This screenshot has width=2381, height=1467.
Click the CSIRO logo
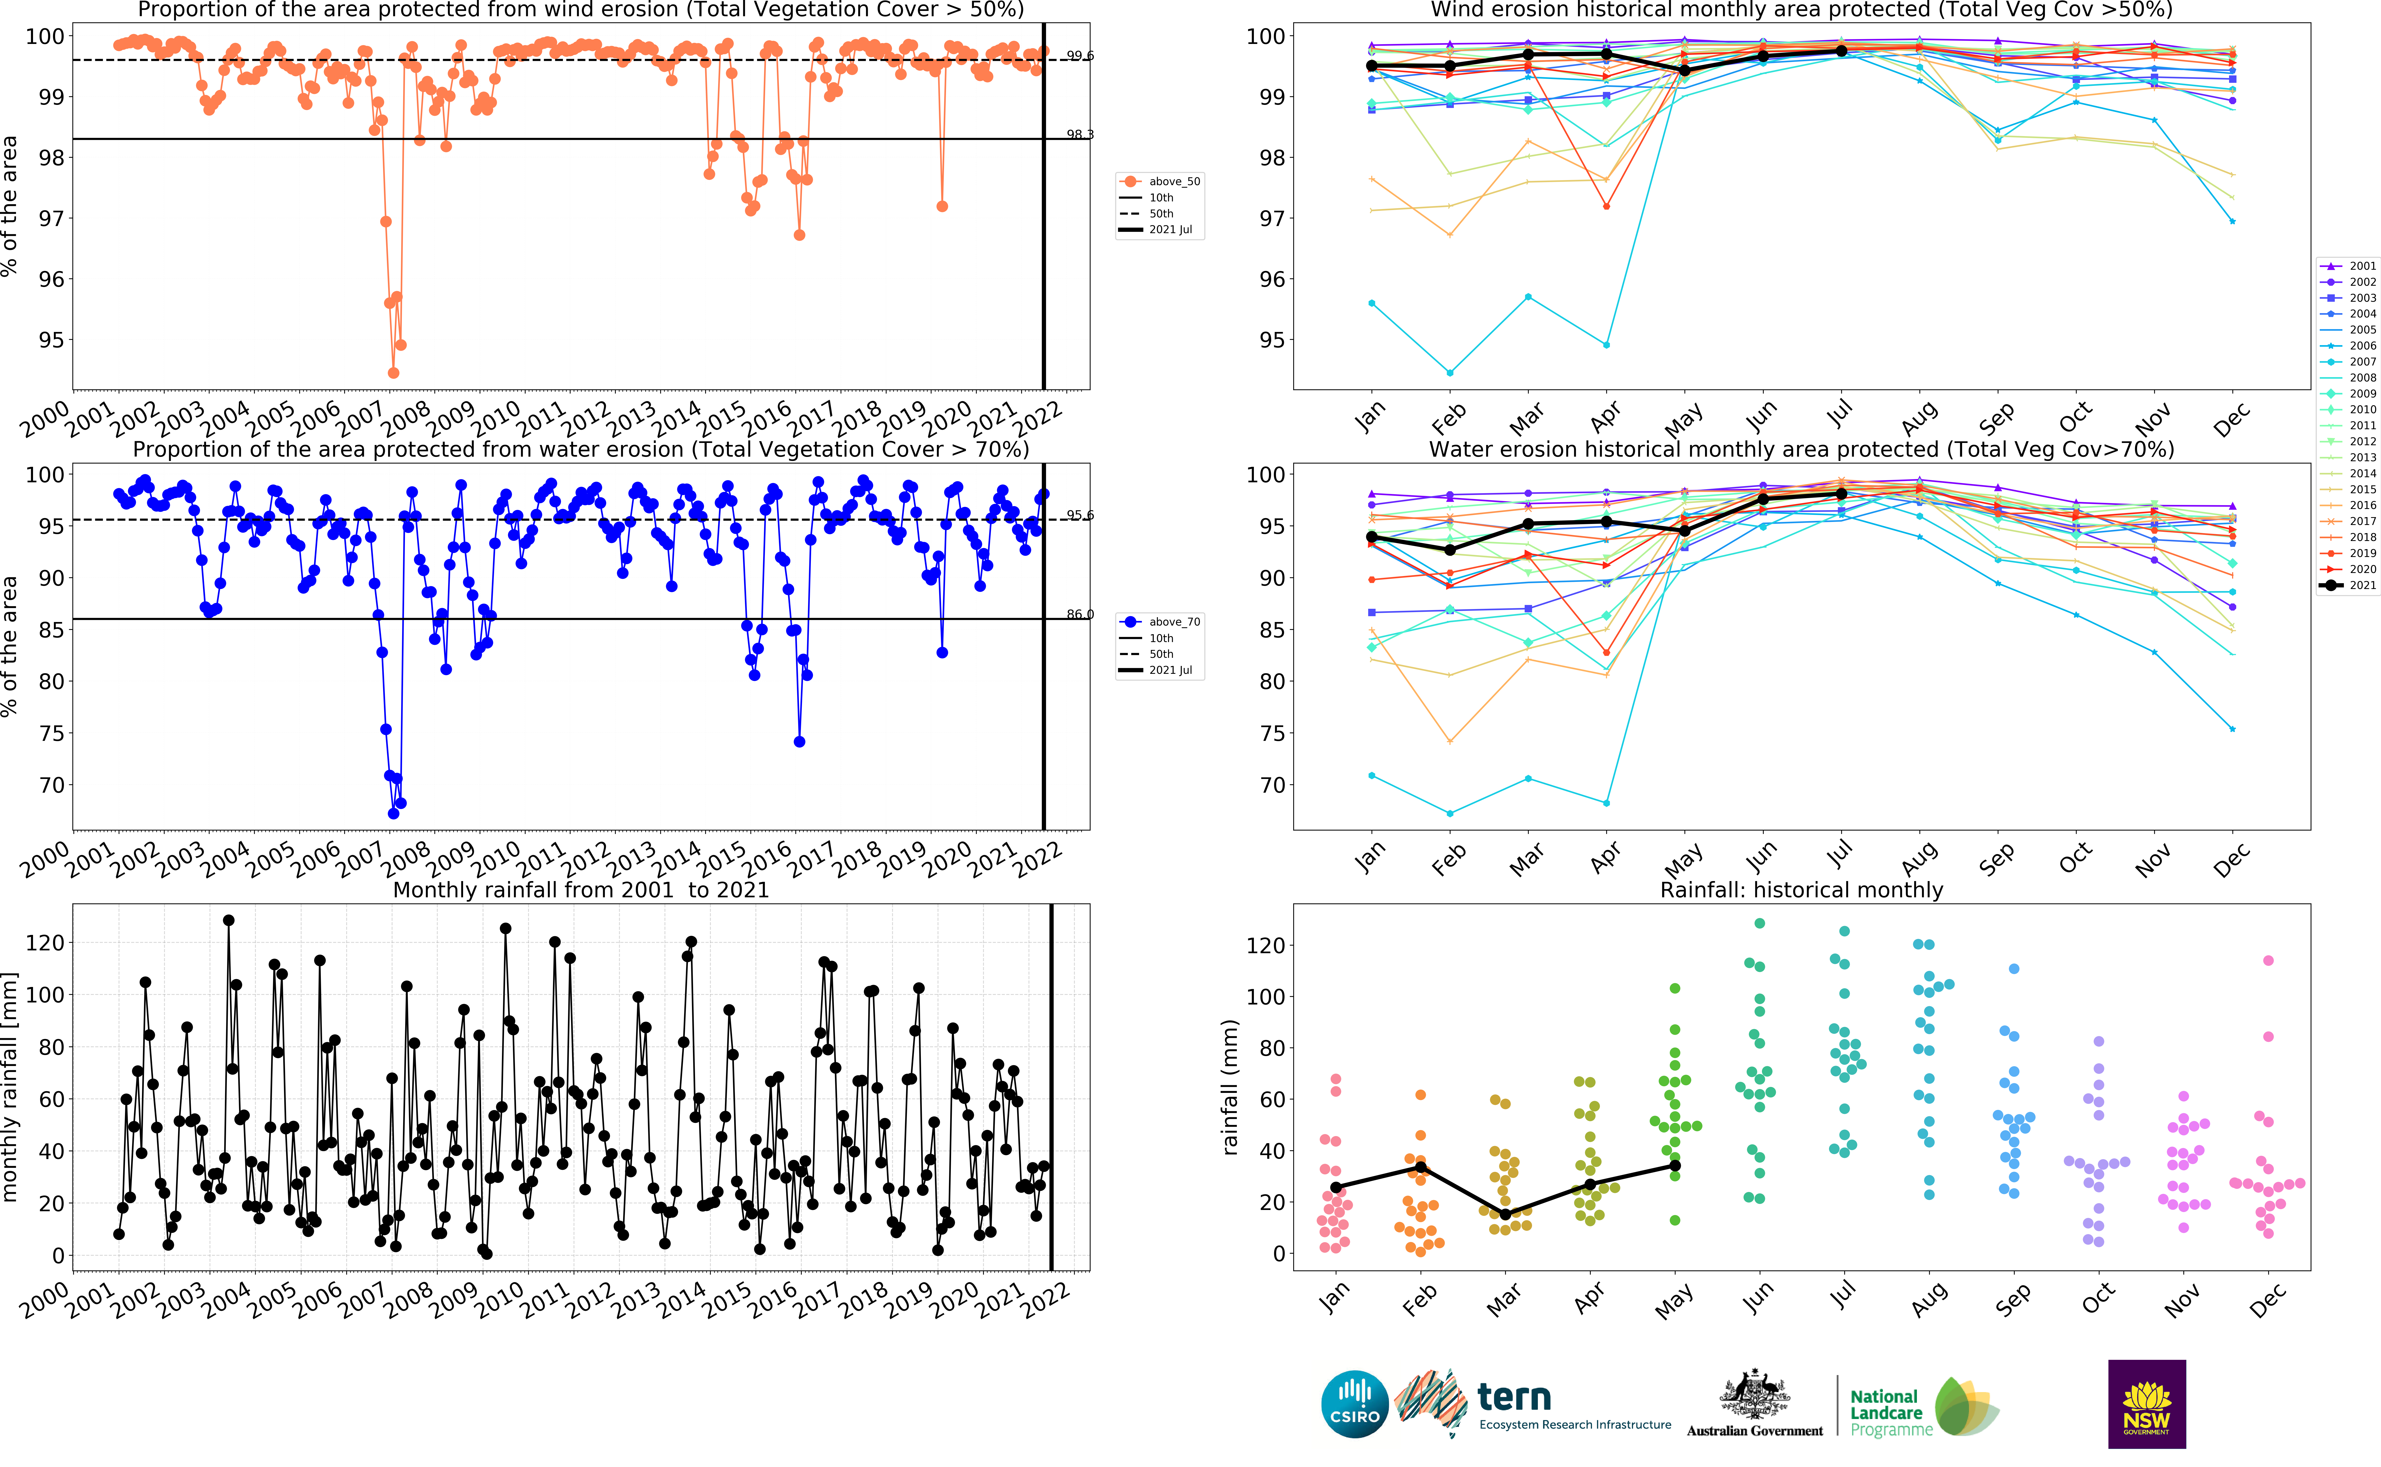point(1354,1404)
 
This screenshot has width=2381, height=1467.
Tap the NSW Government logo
point(2146,1404)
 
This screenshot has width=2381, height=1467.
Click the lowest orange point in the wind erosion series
point(393,373)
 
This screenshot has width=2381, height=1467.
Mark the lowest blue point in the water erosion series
point(393,813)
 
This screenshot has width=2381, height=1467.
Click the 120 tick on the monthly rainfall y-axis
point(46,942)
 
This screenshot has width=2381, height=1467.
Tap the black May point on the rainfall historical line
point(1675,1165)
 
